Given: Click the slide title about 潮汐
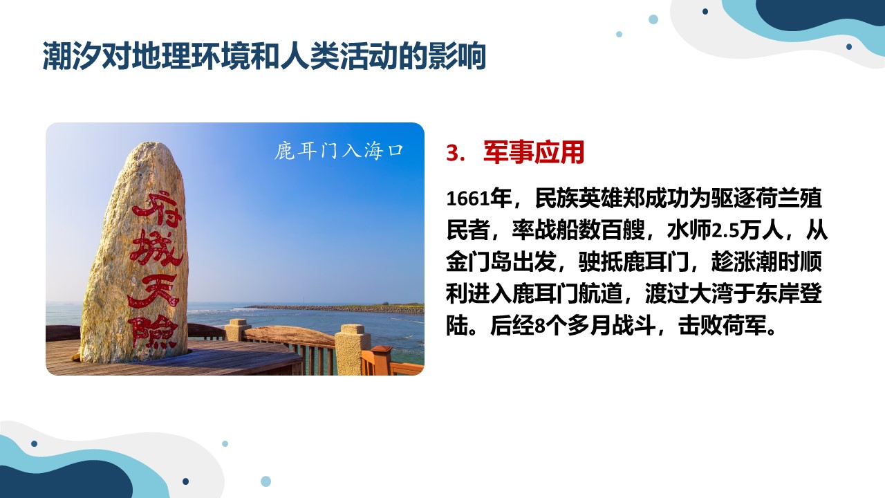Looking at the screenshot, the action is tap(264, 56).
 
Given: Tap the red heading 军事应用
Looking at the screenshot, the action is tap(534, 152).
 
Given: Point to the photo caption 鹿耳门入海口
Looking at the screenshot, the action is tap(339, 151).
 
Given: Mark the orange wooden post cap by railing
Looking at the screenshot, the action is tap(381, 351).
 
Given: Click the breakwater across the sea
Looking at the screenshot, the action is tap(334, 308).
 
